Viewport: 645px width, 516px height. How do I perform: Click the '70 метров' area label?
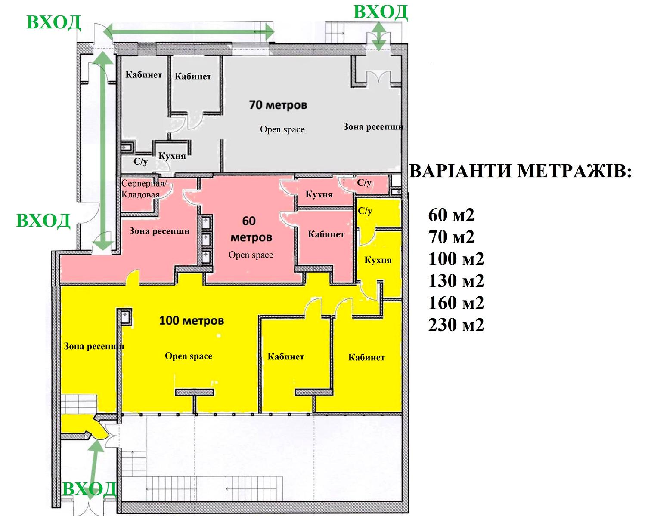[278, 105]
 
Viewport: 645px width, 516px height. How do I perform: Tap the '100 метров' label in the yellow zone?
[192, 321]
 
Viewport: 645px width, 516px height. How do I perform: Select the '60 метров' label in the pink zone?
[251, 229]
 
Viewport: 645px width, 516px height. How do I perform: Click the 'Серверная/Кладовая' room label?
[144, 189]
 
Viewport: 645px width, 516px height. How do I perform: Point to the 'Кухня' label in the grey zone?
[172, 156]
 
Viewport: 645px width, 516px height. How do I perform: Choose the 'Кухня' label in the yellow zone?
[378, 260]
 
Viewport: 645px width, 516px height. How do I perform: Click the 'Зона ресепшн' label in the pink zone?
[159, 231]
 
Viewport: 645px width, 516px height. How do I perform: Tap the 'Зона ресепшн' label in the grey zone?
[373, 127]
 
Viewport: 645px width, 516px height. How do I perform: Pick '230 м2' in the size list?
[456, 325]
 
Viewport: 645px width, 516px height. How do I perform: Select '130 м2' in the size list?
[456, 281]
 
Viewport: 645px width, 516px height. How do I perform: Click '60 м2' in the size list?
[451, 215]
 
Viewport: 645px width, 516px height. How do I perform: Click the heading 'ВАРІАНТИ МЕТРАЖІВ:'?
[521, 172]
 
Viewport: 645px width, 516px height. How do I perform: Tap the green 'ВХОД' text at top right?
[380, 12]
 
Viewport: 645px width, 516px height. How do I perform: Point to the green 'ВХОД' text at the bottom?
[89, 489]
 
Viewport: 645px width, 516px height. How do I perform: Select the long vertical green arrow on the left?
[102, 150]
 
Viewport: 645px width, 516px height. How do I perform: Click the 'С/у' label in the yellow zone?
[365, 211]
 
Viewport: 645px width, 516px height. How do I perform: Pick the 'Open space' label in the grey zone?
[282, 129]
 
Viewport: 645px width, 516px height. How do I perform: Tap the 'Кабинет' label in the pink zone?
[326, 234]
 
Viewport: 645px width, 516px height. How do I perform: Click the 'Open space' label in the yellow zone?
[189, 356]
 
